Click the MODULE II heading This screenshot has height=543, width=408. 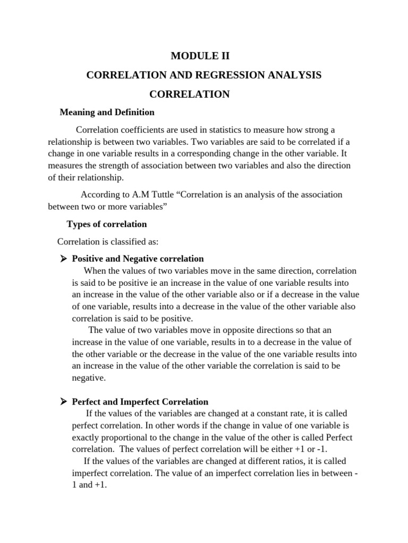coord(204,56)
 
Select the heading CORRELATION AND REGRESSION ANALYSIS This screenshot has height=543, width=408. coord(204,75)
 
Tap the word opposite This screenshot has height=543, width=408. coord(244,330)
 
